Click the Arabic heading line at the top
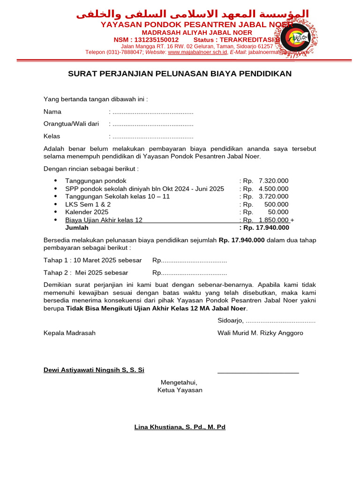pos(192,14)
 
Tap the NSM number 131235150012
pos(157,40)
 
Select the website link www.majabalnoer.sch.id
pos(197,52)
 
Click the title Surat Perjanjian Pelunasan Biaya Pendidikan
pos(180,74)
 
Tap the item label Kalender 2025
pos(87,212)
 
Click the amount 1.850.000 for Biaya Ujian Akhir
pos(273,220)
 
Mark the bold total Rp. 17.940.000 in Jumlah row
pos(264,228)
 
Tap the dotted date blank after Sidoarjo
pos(280,321)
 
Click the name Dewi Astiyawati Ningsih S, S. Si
pos(94,370)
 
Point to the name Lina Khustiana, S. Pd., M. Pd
pos(180,427)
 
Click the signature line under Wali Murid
pos(258,373)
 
